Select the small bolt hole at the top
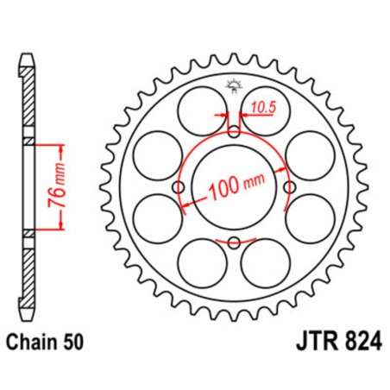pyautogui.click(x=234, y=132)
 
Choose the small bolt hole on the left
pyautogui.click(x=179, y=188)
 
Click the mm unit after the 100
pyautogui.click(x=254, y=189)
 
